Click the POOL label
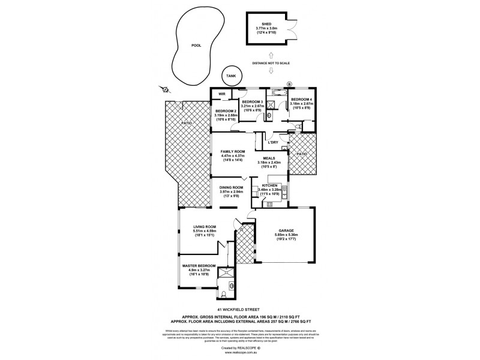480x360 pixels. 195,46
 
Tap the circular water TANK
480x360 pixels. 230,75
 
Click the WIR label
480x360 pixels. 221,94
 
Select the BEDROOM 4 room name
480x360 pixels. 302,100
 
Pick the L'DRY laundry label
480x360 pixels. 272,142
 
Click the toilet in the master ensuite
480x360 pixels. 223,292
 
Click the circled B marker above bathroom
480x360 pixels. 289,83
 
